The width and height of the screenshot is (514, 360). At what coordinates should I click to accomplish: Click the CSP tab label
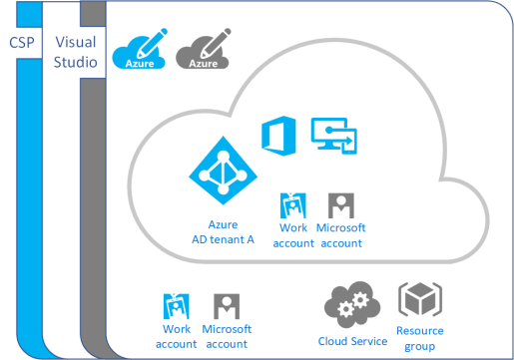[22, 44]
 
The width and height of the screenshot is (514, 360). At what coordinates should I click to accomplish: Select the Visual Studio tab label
[76, 53]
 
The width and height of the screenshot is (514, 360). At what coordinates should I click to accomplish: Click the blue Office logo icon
[274, 136]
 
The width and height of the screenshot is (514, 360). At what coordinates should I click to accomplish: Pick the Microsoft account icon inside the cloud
[340, 205]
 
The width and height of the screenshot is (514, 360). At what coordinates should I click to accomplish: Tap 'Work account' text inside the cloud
[292, 234]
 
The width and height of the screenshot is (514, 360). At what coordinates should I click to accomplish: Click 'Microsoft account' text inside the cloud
[340, 234]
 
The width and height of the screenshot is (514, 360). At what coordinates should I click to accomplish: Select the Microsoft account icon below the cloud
[226, 307]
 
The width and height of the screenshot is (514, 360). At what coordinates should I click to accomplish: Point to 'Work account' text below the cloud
[176, 336]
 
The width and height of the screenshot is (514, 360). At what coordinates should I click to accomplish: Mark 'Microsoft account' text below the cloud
[227, 336]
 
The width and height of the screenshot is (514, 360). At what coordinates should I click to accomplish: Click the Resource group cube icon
[419, 300]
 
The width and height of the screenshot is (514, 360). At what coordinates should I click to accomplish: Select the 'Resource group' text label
[419, 336]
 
